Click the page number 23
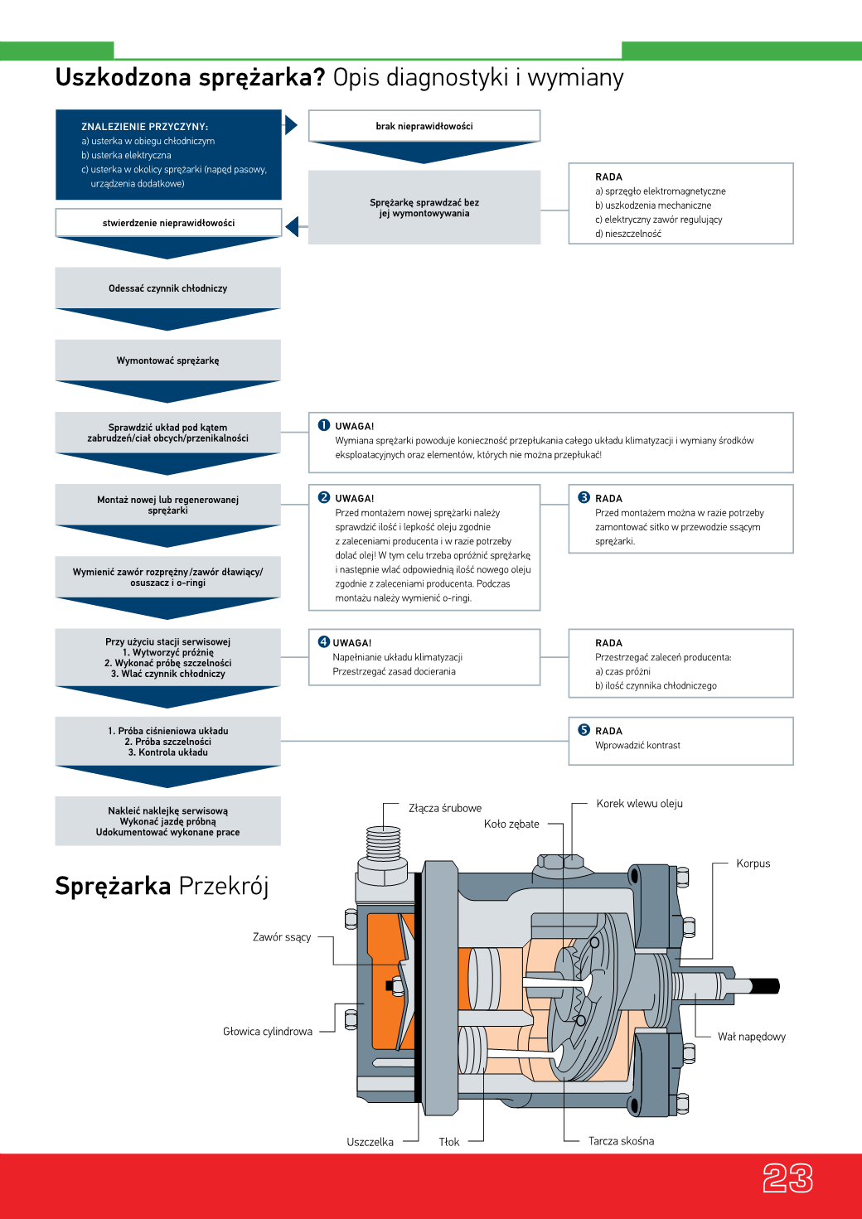787,1178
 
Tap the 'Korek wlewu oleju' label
639,804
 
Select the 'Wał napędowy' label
751,1037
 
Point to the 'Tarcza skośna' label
621,1141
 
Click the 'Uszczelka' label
370,1142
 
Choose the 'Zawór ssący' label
282,937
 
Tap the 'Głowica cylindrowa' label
268,1032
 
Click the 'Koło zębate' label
511,824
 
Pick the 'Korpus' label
753,863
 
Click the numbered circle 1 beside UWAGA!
324,425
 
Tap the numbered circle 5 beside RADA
584,730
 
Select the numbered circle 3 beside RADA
584,497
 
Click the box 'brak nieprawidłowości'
424,126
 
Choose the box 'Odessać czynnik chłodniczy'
167,288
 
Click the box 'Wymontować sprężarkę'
167,360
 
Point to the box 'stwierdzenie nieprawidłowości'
168,223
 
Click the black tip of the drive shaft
766,986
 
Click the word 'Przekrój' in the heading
224,886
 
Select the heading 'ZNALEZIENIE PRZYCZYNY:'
145,127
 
